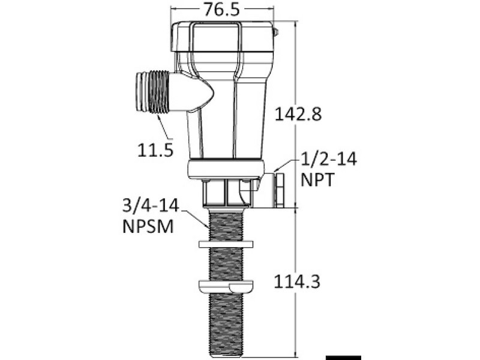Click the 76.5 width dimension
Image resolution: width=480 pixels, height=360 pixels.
[222, 9]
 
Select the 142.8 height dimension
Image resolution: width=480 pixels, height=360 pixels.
[298, 114]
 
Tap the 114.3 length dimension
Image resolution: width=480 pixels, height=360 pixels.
[296, 281]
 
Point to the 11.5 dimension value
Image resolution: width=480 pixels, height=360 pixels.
[155, 151]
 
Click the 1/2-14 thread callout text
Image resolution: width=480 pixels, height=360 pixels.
[329, 159]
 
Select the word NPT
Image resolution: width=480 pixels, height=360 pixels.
[317, 179]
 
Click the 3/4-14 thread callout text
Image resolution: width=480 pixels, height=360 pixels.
[151, 205]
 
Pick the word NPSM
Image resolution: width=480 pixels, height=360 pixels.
[148, 227]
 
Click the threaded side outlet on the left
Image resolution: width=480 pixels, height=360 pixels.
[152, 92]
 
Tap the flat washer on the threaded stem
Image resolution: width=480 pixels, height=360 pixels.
[226, 244]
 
